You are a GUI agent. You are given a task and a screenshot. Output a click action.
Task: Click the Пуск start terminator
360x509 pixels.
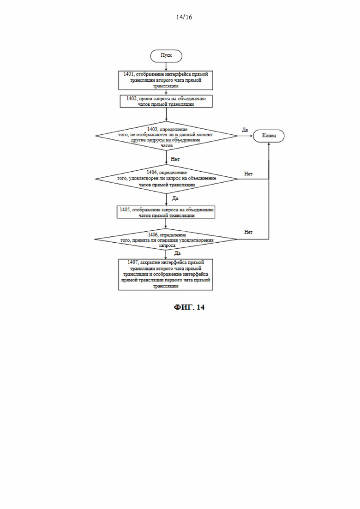[x=166, y=56]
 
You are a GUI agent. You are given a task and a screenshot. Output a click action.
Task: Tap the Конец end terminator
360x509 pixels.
[x=269, y=136]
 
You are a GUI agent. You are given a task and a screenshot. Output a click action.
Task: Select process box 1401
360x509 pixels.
[x=166, y=80]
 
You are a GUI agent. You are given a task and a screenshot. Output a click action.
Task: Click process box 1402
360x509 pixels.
[x=166, y=101]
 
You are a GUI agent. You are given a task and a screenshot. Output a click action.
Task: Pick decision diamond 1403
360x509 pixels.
[x=166, y=136]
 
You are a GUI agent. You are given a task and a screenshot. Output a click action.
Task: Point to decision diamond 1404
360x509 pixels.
[x=166, y=179]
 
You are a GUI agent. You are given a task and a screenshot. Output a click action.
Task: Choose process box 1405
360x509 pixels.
[x=166, y=212]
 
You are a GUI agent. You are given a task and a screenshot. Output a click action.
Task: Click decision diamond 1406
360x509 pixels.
[x=166, y=240]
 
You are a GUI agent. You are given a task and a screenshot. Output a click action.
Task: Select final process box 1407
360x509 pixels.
[x=166, y=274]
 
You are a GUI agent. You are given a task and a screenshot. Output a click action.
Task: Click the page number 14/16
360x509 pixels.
[x=184, y=17]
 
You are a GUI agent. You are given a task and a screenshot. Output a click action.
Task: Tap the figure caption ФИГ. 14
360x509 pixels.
[x=189, y=307]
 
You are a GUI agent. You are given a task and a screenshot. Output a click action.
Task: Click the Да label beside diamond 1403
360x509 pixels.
[x=245, y=130]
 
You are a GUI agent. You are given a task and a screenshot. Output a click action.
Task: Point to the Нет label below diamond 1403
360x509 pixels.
[x=175, y=159]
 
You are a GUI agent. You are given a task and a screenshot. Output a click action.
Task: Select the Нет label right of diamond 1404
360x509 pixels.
[x=248, y=174]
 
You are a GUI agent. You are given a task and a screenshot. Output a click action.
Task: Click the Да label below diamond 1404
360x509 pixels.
[x=175, y=198]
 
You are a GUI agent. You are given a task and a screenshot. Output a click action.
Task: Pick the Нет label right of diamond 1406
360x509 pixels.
[x=248, y=232]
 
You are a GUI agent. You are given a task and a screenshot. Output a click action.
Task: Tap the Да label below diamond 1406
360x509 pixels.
[x=177, y=253]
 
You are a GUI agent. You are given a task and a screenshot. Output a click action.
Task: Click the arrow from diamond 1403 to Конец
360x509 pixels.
[x=246, y=136]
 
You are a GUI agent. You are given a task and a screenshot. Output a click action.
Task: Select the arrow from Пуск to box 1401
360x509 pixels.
[x=166, y=66]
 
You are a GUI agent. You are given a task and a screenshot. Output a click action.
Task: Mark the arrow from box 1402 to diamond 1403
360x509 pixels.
[x=166, y=114]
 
